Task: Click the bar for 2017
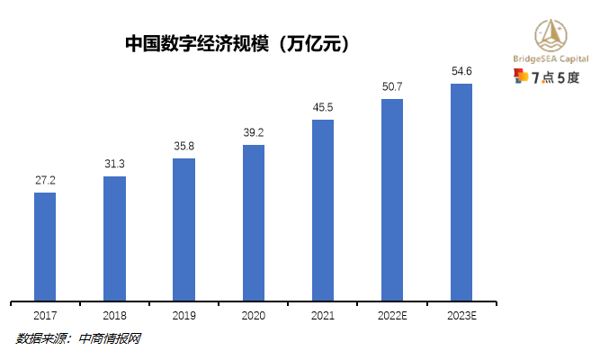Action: click(x=45, y=246)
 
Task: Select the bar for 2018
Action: click(x=114, y=238)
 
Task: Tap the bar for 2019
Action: click(x=184, y=229)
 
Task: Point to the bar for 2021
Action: click(x=323, y=209)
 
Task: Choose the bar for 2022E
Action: click(x=392, y=199)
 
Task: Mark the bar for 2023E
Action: click(x=461, y=191)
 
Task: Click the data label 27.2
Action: click(x=45, y=181)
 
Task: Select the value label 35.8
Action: click(x=184, y=146)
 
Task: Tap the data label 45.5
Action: click(x=323, y=107)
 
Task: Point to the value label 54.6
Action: click(x=461, y=70)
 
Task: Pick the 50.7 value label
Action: click(x=392, y=86)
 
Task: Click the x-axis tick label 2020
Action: click(x=254, y=316)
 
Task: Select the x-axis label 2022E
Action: click(x=392, y=316)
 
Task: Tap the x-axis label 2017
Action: click(x=45, y=316)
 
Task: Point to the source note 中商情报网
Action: click(x=110, y=339)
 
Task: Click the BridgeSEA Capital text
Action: click(x=551, y=58)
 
